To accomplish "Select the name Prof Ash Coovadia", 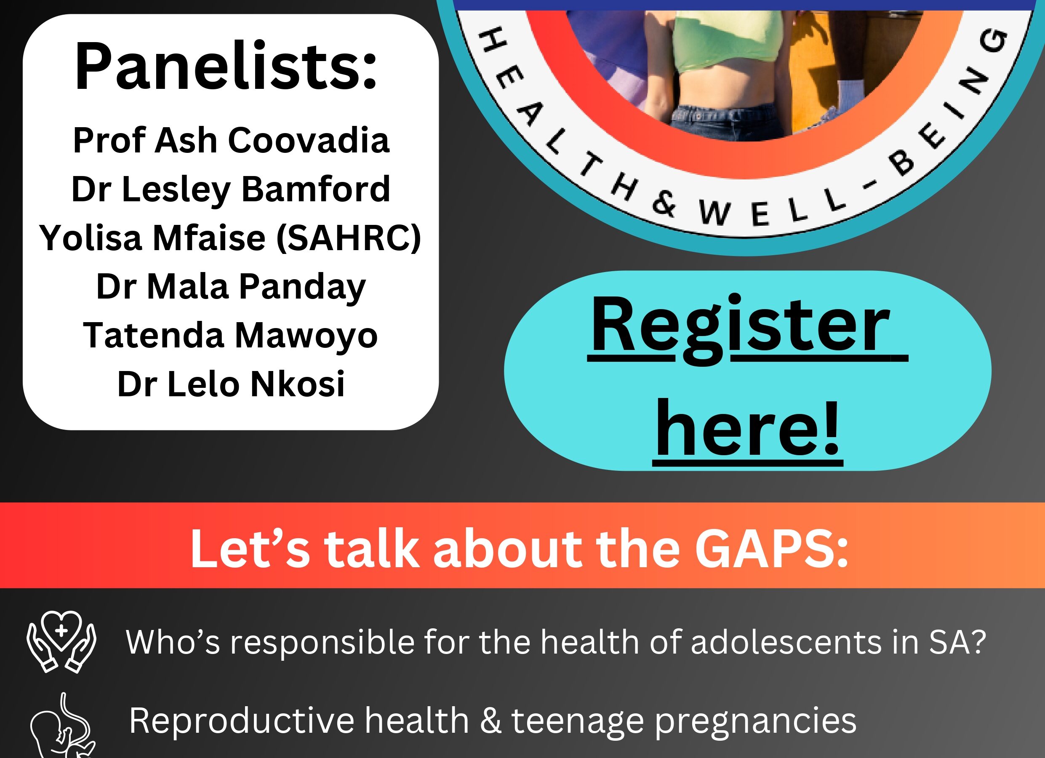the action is tap(231, 140).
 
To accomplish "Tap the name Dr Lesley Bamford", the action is tap(231, 190).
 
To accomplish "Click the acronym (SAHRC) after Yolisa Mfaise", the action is tap(349, 238).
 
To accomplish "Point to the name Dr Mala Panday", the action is tap(231, 288).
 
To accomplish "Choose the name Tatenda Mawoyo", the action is tap(230, 336).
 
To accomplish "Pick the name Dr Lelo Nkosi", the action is tap(231, 384).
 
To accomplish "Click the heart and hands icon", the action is tap(62, 641).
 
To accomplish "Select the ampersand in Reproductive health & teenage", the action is tap(490, 721).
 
